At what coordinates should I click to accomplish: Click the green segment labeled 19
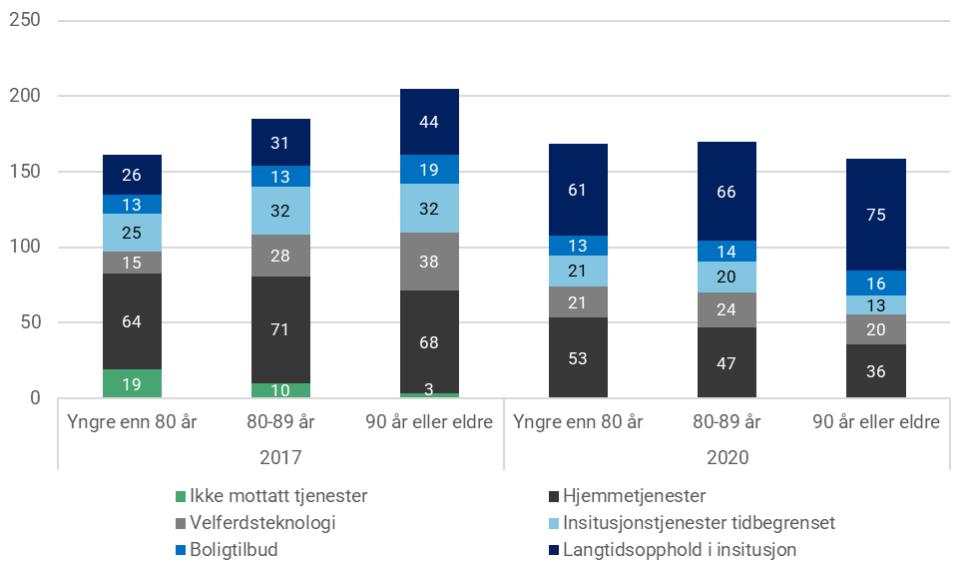(132, 384)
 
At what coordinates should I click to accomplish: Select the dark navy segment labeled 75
(876, 215)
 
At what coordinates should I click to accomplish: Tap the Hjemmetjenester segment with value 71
(280, 329)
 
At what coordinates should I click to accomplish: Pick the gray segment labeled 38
(429, 262)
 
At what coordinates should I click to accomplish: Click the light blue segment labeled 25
(132, 233)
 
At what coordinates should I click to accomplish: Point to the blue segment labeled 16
(876, 282)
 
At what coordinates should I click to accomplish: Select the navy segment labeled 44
(429, 122)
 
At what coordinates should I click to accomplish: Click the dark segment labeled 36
(876, 371)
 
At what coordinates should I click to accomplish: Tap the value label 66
(727, 192)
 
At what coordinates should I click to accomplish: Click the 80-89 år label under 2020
(727, 422)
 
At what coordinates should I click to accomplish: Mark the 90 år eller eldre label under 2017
(429, 422)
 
